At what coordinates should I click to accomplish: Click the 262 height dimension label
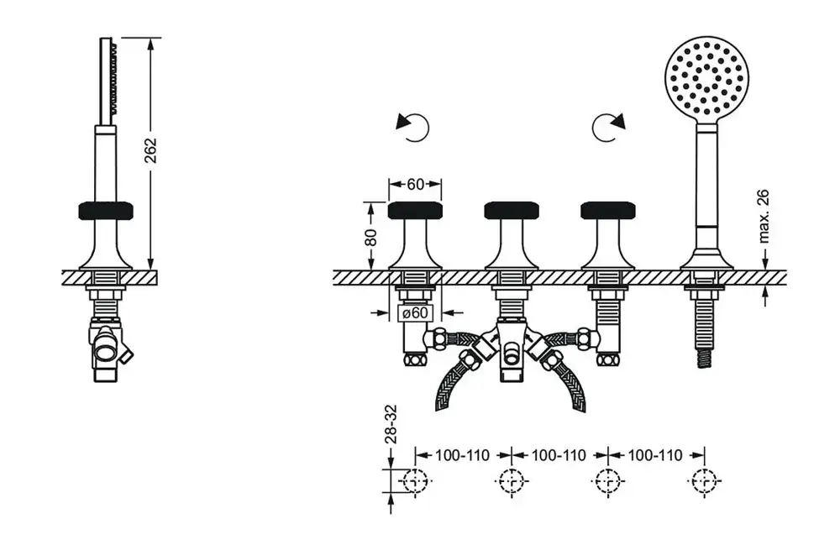point(151,150)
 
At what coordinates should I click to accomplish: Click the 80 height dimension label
point(370,237)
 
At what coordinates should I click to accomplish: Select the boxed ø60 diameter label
point(415,312)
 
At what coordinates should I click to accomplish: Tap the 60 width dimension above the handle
point(415,184)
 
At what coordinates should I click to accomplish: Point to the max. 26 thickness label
point(764,216)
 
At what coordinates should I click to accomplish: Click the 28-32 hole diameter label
point(391,424)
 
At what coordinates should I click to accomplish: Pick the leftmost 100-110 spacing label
point(462,455)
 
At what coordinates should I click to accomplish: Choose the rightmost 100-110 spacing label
point(655,455)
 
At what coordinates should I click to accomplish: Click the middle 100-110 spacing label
point(559,455)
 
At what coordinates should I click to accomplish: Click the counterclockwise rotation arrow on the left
point(414,128)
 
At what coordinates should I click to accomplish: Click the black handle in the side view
point(106,211)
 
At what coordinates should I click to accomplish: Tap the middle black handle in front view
point(512,211)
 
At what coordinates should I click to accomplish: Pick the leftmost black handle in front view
point(415,211)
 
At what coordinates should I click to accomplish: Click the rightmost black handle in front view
point(608,211)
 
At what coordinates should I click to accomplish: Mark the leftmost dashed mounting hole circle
point(415,480)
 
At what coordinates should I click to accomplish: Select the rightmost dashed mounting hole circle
point(704,480)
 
